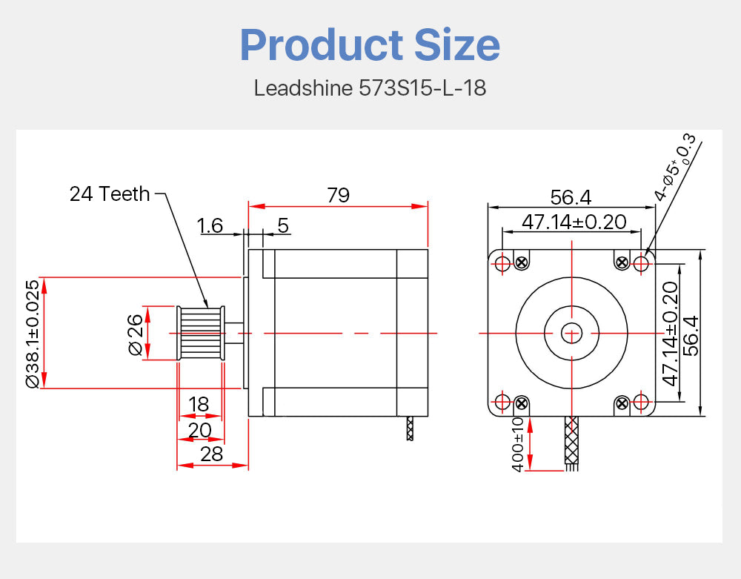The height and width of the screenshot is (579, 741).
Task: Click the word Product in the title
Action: (x=322, y=45)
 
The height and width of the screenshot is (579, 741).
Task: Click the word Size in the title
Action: (x=457, y=45)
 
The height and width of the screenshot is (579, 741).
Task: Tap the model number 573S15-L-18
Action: (x=422, y=88)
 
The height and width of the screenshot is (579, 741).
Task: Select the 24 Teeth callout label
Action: (x=110, y=193)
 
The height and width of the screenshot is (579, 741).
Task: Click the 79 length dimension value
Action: (x=339, y=195)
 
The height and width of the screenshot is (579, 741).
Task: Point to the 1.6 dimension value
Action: (x=210, y=225)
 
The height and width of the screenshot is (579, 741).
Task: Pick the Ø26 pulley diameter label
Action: (x=135, y=334)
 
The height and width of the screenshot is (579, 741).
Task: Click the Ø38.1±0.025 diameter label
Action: (x=33, y=334)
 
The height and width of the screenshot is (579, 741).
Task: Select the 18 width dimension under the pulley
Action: (x=199, y=405)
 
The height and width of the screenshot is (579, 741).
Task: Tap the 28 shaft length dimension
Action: (x=211, y=454)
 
